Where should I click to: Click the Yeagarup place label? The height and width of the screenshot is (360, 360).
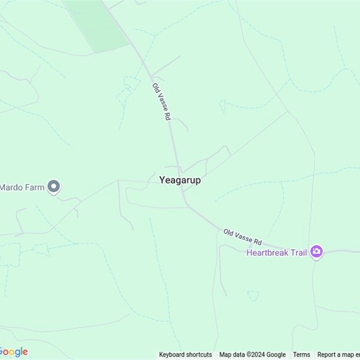pyautogui.click(x=180, y=180)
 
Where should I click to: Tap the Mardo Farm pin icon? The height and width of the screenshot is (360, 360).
pyautogui.click(x=54, y=187)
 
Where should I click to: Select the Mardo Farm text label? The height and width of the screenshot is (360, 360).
pyautogui.click(x=22, y=187)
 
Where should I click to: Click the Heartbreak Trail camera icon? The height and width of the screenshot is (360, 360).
pyautogui.click(x=317, y=252)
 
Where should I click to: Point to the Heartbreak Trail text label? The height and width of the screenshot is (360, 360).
pyautogui.click(x=276, y=252)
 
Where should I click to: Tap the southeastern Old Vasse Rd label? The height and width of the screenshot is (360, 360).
pyautogui.click(x=243, y=236)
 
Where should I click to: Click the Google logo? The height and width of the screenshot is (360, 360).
pyautogui.click(x=13, y=352)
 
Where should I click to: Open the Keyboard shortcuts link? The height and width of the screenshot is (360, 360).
pyautogui.click(x=185, y=355)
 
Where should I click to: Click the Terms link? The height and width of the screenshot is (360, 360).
pyautogui.click(x=301, y=355)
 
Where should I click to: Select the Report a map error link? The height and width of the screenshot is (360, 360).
pyautogui.click(x=338, y=355)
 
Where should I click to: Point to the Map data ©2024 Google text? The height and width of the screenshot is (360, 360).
pyautogui.click(x=252, y=355)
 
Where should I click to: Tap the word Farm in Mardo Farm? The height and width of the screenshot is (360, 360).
pyautogui.click(x=34, y=187)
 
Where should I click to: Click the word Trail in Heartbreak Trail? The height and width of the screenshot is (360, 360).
pyautogui.click(x=298, y=252)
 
